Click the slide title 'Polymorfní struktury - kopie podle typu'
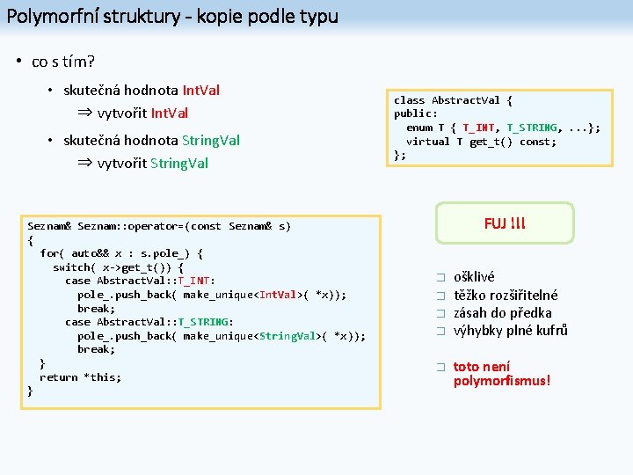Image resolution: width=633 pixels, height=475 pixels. pyautogui.click(x=171, y=16)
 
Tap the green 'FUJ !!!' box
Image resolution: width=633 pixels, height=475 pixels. pyautogui.click(x=504, y=223)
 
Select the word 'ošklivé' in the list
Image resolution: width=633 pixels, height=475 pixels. pyautogui.click(x=474, y=276)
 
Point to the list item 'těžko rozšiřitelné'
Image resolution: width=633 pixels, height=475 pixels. pyautogui.click(x=506, y=295)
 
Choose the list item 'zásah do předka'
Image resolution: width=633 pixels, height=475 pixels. pyautogui.click(x=502, y=312)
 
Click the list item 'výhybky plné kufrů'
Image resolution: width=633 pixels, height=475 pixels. pyautogui.click(x=510, y=331)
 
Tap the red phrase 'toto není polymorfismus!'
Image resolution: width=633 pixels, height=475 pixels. pyautogui.click(x=501, y=374)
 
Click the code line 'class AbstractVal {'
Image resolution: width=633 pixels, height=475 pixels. pyautogui.click(x=453, y=100)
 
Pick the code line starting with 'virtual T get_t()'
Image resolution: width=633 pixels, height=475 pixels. pyautogui.click(x=481, y=142)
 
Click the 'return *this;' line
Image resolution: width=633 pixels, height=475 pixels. pyautogui.click(x=80, y=377)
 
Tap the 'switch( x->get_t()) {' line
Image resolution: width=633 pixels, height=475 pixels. pyautogui.click(x=118, y=267)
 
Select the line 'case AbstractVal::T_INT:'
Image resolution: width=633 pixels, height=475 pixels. pyautogui.click(x=140, y=281)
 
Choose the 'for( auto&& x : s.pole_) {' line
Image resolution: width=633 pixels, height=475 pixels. pyautogui.click(x=121, y=253)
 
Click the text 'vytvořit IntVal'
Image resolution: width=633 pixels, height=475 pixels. pyautogui.click(x=142, y=113)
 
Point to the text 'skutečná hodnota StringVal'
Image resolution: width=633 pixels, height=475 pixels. pyautogui.click(x=151, y=141)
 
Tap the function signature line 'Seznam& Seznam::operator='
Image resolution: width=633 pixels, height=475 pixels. pyautogui.click(x=159, y=226)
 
